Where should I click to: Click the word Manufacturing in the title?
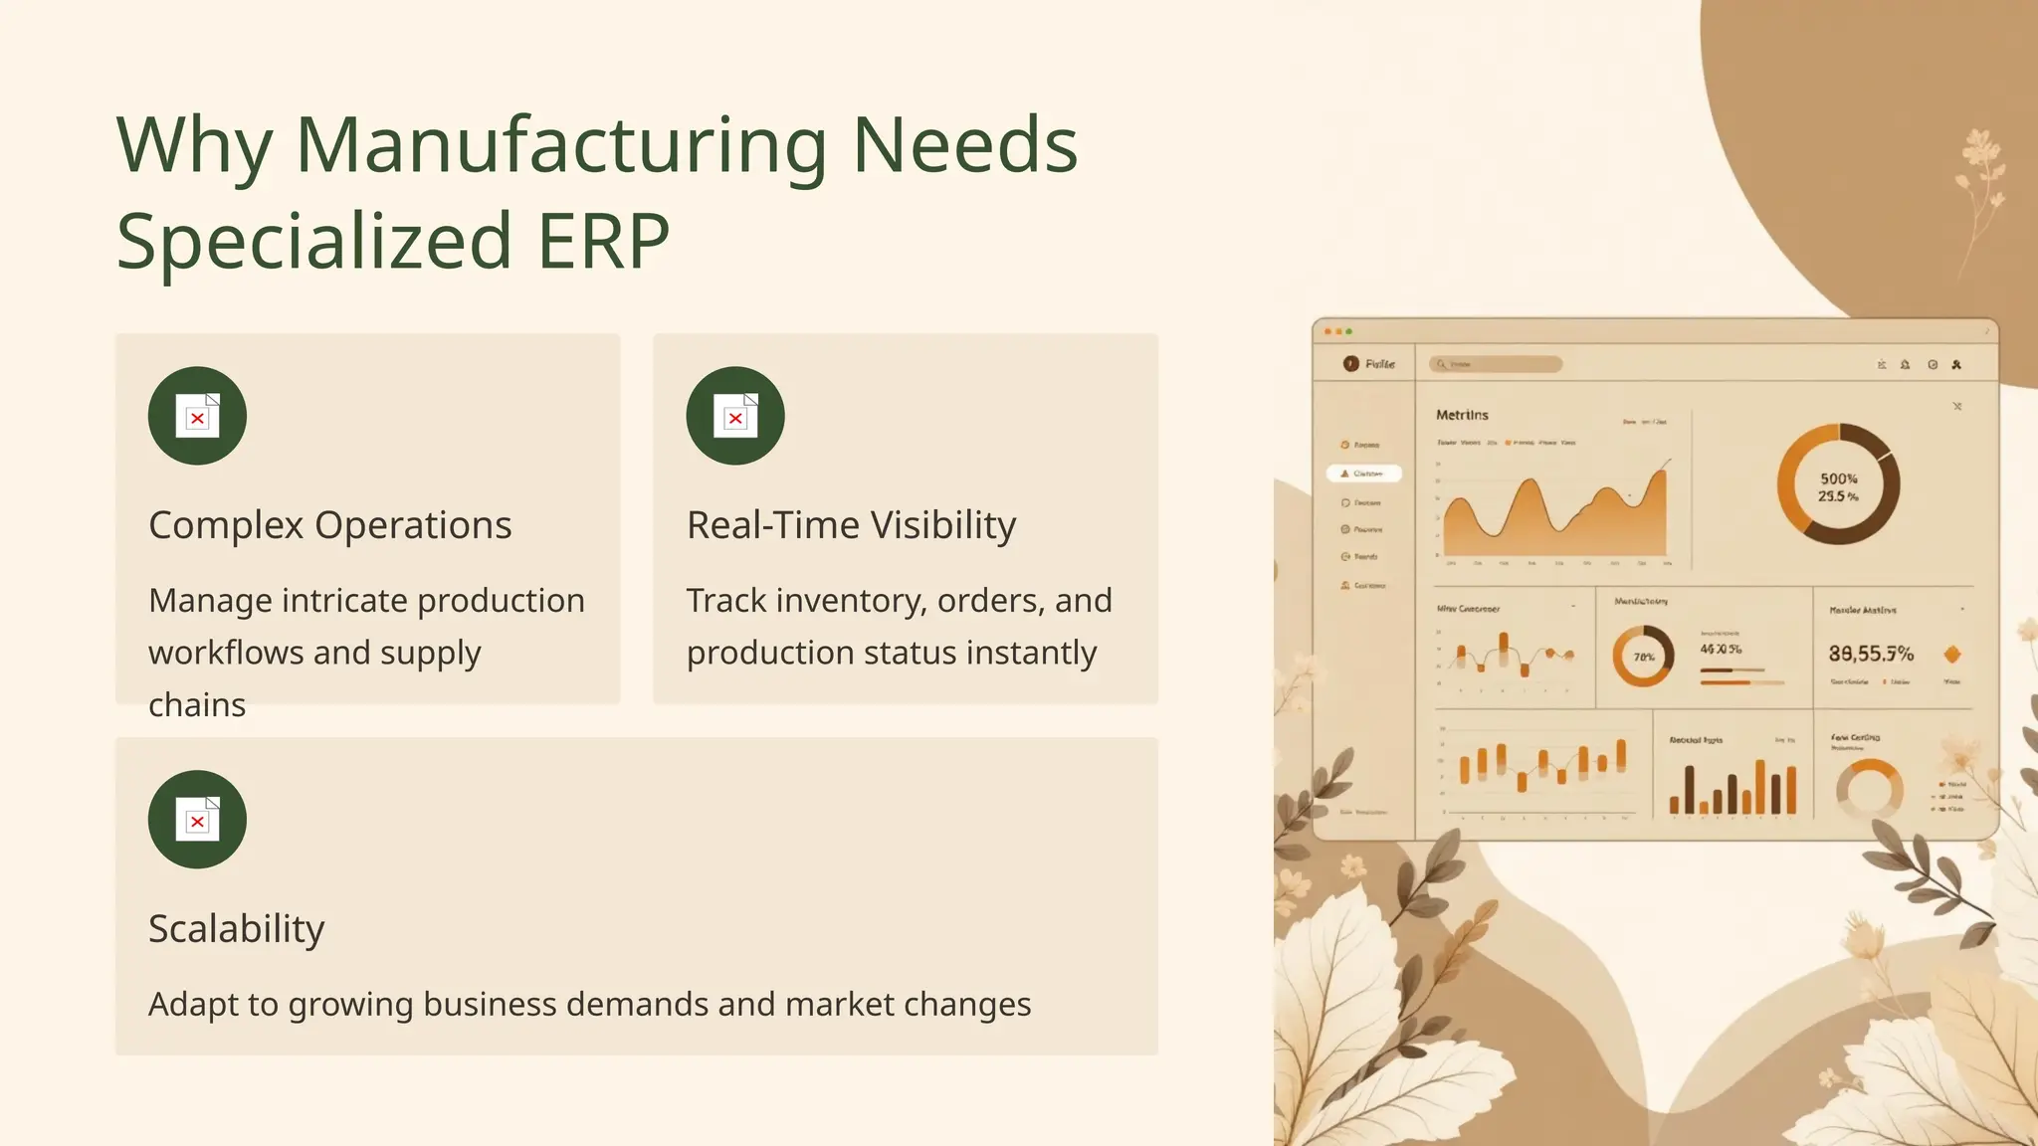[x=561, y=146]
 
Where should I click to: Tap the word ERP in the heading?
[x=603, y=241]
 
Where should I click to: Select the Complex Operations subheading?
[x=329, y=525]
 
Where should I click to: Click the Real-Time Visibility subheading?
[x=851, y=525]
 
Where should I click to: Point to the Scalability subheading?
[x=236, y=929]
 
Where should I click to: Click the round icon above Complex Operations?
[x=197, y=416]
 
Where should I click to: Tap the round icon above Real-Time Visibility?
[x=735, y=416]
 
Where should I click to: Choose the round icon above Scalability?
[x=197, y=820]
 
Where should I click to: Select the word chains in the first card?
[x=197, y=705]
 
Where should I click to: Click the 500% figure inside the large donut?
[x=1838, y=478]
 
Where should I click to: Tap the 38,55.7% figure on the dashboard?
[x=1871, y=654]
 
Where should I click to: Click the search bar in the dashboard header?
[x=1496, y=364]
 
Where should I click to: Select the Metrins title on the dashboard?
[x=1462, y=415]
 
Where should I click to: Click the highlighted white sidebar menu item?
[x=1363, y=474]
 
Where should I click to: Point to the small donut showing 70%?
[x=1643, y=657]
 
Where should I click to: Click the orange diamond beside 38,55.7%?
[x=1952, y=654]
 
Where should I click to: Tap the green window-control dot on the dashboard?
[x=1349, y=331]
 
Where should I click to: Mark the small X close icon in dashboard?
[x=1957, y=406]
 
